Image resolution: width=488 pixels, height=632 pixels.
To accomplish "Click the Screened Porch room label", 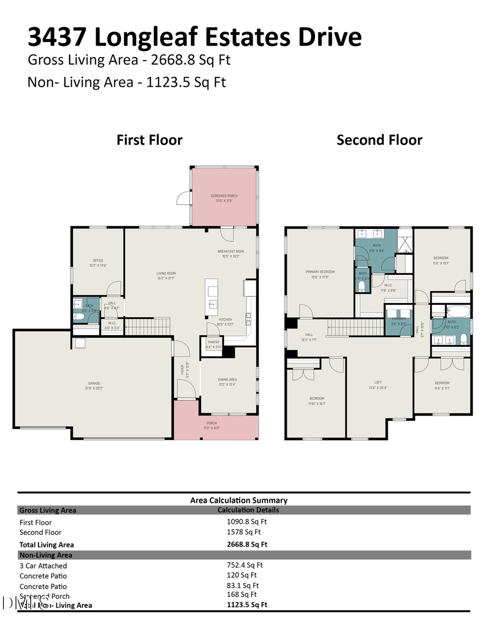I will tap(224, 196).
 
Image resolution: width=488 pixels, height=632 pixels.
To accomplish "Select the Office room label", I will tap(98, 260).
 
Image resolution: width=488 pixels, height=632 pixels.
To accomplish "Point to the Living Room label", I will tap(166, 273).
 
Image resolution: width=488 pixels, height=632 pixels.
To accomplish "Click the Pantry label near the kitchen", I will tap(212, 342).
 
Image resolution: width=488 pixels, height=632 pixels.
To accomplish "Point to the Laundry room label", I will tap(399, 319).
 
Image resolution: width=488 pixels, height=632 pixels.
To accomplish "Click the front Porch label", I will tap(211, 423).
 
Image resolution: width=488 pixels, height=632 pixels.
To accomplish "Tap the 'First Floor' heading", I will tap(150, 140).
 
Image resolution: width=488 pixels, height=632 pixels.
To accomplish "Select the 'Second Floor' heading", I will tap(379, 140).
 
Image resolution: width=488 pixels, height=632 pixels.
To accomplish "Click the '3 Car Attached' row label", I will tap(43, 566).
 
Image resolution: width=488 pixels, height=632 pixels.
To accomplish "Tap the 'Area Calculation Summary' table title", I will tap(239, 500).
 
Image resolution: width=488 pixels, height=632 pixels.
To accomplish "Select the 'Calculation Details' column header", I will tap(248, 510).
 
